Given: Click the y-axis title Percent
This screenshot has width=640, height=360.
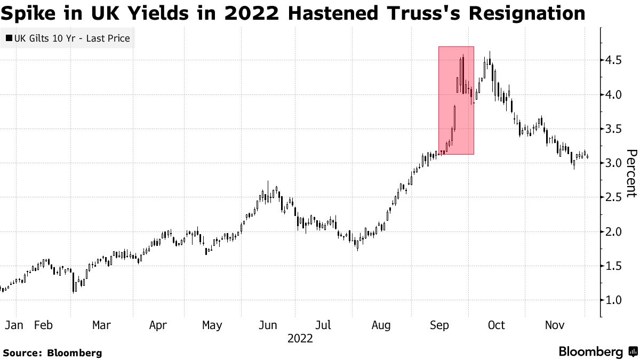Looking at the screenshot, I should click(631, 173).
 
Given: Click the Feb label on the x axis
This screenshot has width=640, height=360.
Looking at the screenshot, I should click(44, 325).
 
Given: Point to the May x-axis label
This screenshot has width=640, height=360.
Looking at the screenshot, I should click(212, 325).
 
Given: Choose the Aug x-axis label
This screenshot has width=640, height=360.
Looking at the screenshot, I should click(381, 325).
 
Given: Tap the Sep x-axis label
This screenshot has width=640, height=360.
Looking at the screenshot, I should click(438, 325).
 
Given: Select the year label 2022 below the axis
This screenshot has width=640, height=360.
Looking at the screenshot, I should click(300, 338).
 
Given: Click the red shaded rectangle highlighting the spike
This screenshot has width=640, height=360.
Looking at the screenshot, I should click(456, 100).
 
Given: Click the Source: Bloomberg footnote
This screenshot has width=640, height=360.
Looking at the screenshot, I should click(52, 353).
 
